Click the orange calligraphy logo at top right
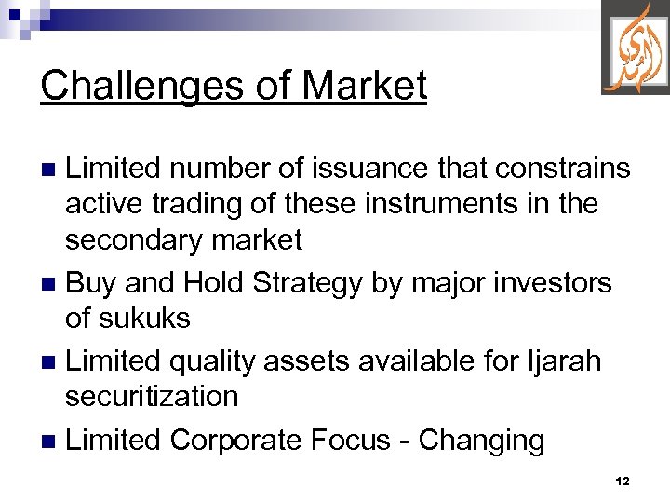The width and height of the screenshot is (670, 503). point(635,48)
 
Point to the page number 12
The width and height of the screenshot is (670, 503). point(623,482)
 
